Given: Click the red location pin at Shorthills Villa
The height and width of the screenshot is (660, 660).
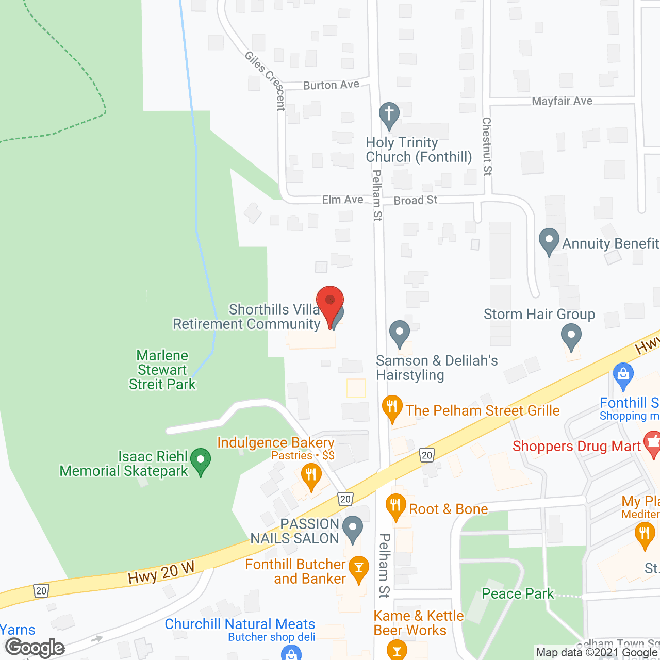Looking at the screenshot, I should (329, 302).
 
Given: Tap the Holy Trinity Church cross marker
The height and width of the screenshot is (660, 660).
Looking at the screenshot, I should (389, 114).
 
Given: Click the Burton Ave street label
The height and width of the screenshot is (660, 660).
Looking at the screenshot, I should (331, 85).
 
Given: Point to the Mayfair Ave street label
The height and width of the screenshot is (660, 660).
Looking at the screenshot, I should (562, 101).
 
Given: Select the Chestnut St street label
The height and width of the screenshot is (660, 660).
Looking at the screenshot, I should (487, 146).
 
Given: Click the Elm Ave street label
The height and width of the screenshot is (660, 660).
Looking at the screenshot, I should (342, 200).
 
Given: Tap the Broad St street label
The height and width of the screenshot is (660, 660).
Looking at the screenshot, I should (416, 200).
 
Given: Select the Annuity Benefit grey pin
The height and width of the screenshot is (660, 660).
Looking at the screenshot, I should (549, 240).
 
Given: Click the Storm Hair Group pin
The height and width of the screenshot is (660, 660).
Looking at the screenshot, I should (571, 337).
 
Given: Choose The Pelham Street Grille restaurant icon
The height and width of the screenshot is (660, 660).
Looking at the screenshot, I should (392, 407).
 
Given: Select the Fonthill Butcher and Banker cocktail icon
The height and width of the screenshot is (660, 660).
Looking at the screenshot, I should (358, 568).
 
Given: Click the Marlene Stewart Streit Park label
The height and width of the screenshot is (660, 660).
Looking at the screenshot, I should (162, 370).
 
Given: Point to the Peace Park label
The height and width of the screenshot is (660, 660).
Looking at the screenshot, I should (518, 593).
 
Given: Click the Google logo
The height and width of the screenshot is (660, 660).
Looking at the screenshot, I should (35, 648).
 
